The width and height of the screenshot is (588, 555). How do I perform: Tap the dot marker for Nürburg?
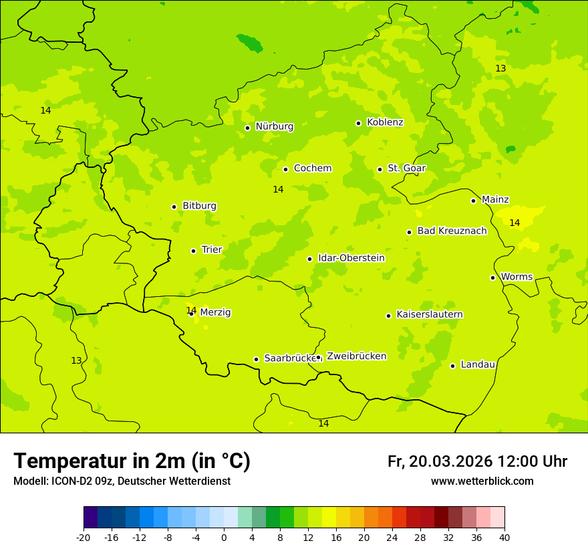[247, 128]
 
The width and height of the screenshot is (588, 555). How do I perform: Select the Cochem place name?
[312, 169]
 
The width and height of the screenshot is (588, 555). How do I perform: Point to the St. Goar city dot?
[380, 169]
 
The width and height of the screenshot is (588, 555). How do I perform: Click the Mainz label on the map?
[495, 199]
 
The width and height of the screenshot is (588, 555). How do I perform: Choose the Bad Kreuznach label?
[452, 231]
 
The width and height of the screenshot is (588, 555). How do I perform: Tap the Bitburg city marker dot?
[174, 207]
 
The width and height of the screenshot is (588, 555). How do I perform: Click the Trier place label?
[212, 249]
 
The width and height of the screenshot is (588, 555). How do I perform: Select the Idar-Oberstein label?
[351, 258]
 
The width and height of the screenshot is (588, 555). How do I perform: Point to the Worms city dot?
[492, 277]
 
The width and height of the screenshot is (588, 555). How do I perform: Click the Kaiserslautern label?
[430, 314]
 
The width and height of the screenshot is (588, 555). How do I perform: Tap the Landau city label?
[478, 364]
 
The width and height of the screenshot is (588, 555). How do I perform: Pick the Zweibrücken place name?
[356, 356]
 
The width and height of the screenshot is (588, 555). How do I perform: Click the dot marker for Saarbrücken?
[256, 359]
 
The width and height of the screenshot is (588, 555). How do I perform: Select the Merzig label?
[215, 312]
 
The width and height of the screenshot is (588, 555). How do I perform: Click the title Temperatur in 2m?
[132, 461]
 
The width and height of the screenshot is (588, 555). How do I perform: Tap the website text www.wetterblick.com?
[482, 481]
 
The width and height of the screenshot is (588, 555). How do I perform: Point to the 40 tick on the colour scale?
[504, 537]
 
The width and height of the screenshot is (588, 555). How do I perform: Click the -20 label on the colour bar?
[84, 537]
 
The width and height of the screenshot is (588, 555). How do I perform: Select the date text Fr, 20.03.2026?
[440, 461]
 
